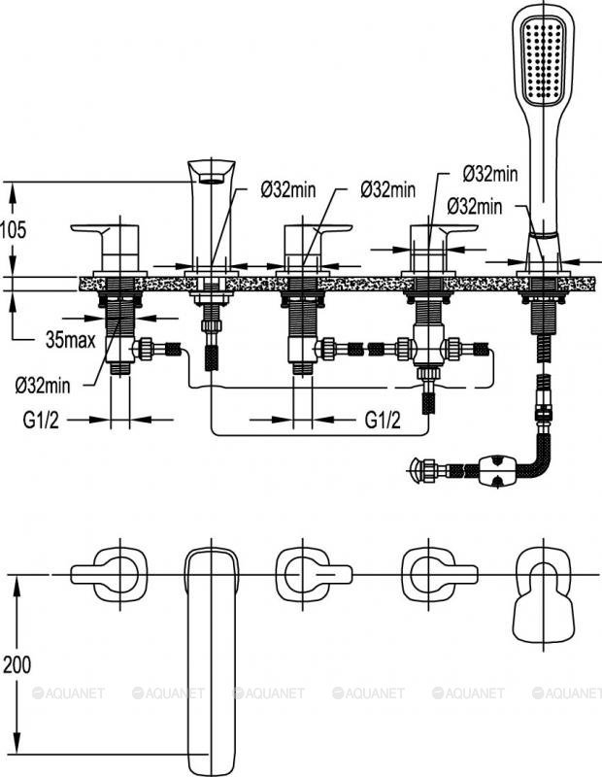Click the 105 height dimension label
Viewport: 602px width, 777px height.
[14, 229]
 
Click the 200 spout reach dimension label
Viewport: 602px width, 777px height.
[15, 665]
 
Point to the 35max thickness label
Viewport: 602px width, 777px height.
[70, 341]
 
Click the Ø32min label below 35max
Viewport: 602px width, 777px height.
[43, 386]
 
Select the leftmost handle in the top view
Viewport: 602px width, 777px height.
[108, 572]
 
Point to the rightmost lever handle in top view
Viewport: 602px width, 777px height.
[439, 573]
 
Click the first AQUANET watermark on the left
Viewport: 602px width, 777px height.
[68, 693]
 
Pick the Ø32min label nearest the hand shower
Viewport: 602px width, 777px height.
[475, 206]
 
